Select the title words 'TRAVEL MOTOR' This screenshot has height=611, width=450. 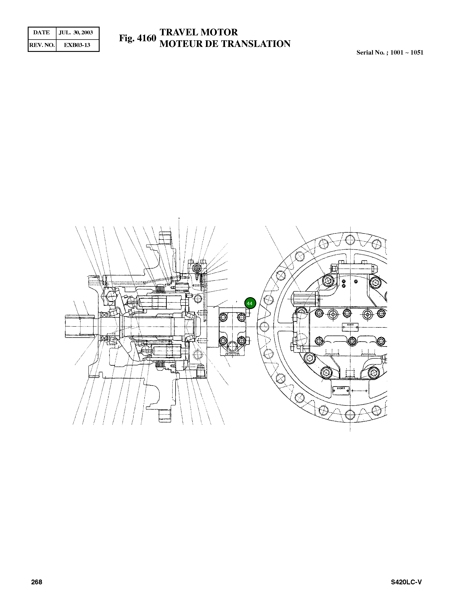[x=199, y=32]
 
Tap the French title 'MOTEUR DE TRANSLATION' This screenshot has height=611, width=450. [x=225, y=44]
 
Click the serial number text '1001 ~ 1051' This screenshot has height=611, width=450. [x=407, y=53]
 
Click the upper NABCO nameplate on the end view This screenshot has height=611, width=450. [x=350, y=325]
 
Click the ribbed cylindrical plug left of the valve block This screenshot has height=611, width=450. [x=305, y=298]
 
